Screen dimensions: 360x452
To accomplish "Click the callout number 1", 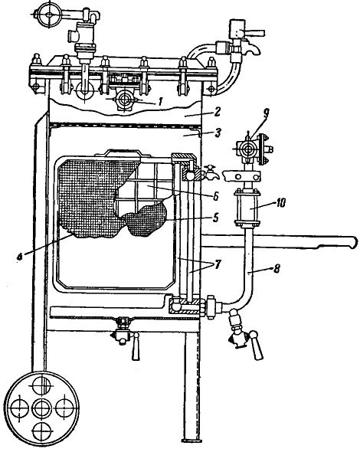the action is click(160, 101).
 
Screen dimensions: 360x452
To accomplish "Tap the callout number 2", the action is click(217, 112).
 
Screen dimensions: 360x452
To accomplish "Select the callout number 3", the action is click(218, 133).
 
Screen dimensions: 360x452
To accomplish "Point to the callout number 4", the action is click(19, 257).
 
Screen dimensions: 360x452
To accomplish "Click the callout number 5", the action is click(215, 218).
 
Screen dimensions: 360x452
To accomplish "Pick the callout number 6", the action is click(215, 196).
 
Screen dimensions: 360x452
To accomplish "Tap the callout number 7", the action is click(216, 264).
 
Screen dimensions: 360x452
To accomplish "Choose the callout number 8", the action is click(277, 269).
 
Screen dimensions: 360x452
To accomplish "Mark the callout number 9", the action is click(266, 113).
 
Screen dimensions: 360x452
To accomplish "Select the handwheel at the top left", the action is click(49, 15).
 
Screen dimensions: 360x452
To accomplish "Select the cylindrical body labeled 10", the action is click(247, 208).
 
